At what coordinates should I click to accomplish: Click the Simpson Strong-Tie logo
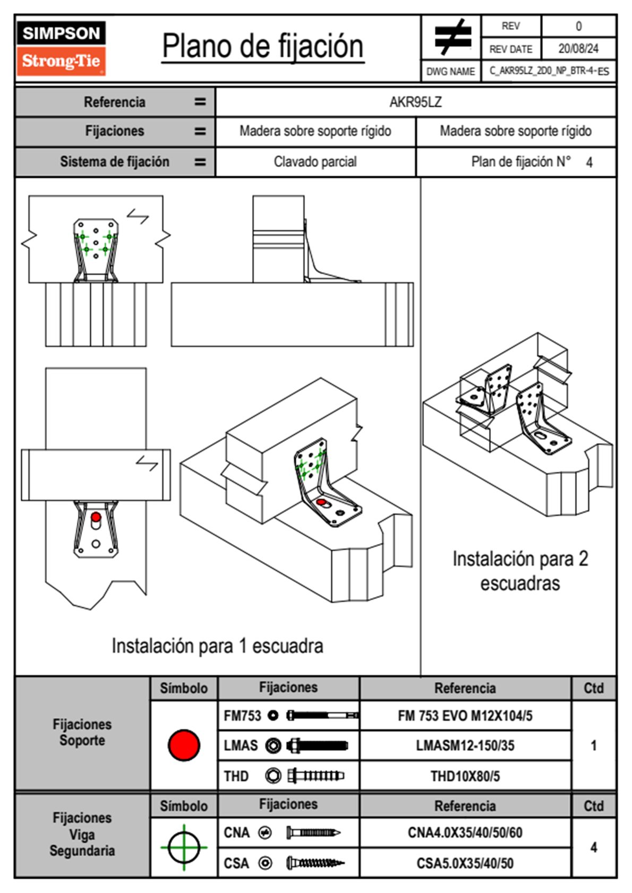61,48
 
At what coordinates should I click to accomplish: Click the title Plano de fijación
263,46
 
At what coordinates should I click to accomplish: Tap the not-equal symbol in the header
452,37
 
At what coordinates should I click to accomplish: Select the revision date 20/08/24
578,49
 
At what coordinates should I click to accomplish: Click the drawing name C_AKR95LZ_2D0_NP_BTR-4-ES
549,71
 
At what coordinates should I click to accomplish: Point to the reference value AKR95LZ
415,102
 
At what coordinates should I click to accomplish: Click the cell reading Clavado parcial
315,162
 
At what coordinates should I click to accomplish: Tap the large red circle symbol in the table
184,745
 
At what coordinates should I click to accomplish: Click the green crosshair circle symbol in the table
184,847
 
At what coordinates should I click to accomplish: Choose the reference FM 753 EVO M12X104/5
465,716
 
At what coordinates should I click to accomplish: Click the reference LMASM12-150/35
465,745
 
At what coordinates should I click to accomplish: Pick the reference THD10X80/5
465,776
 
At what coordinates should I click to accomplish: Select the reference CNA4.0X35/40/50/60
465,832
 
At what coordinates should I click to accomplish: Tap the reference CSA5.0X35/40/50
465,863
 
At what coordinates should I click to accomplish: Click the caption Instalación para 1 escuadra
217,646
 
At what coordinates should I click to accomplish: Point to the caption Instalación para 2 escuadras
520,571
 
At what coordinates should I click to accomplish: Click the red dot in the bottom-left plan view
96,517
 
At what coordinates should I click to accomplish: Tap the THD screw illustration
315,776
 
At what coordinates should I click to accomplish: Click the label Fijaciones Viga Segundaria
82,834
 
